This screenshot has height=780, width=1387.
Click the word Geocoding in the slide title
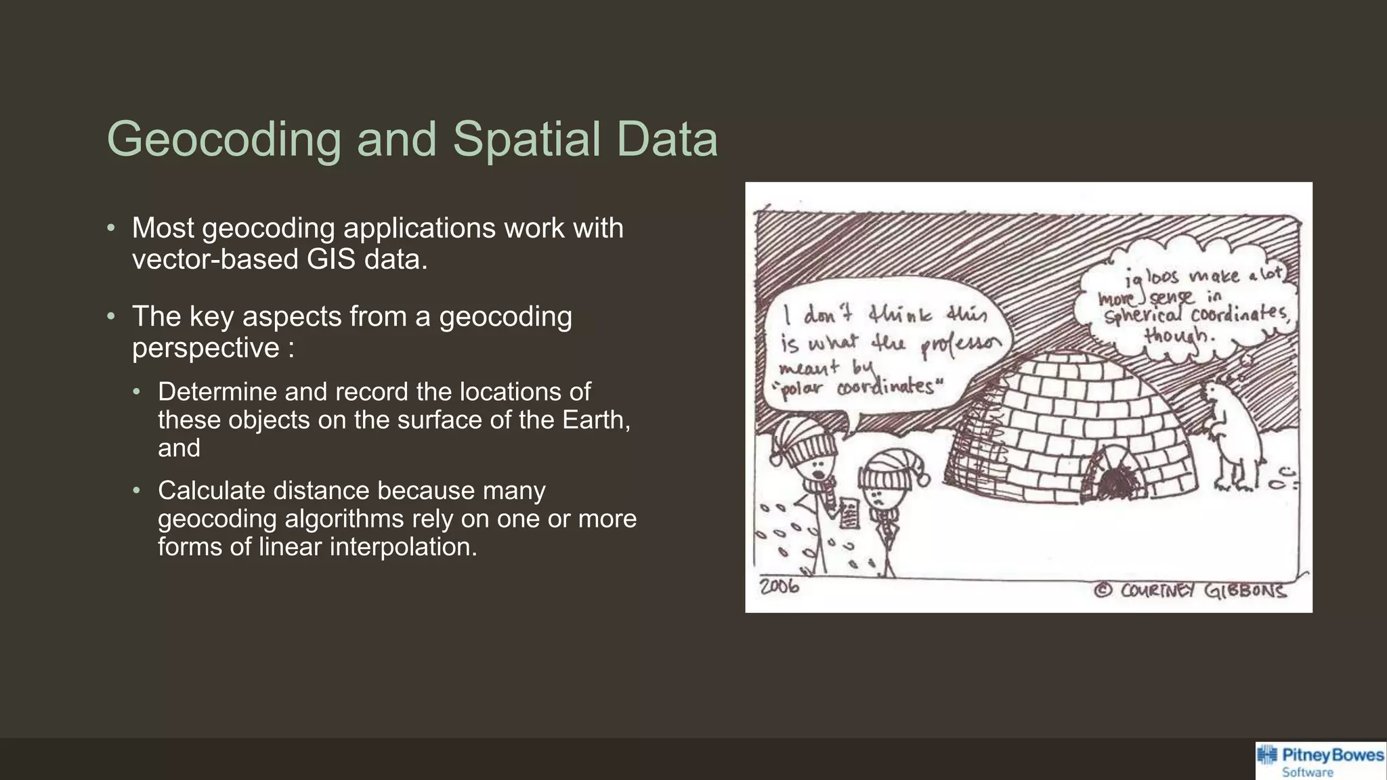point(224,139)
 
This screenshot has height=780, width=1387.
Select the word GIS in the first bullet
point(330,259)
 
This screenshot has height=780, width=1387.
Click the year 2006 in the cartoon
point(780,586)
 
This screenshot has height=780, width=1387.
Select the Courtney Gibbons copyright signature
point(1192,590)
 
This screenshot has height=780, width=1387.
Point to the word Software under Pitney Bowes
point(1307,773)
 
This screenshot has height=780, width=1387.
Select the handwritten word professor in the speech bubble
point(960,346)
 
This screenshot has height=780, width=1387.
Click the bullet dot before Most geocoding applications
point(111,228)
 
